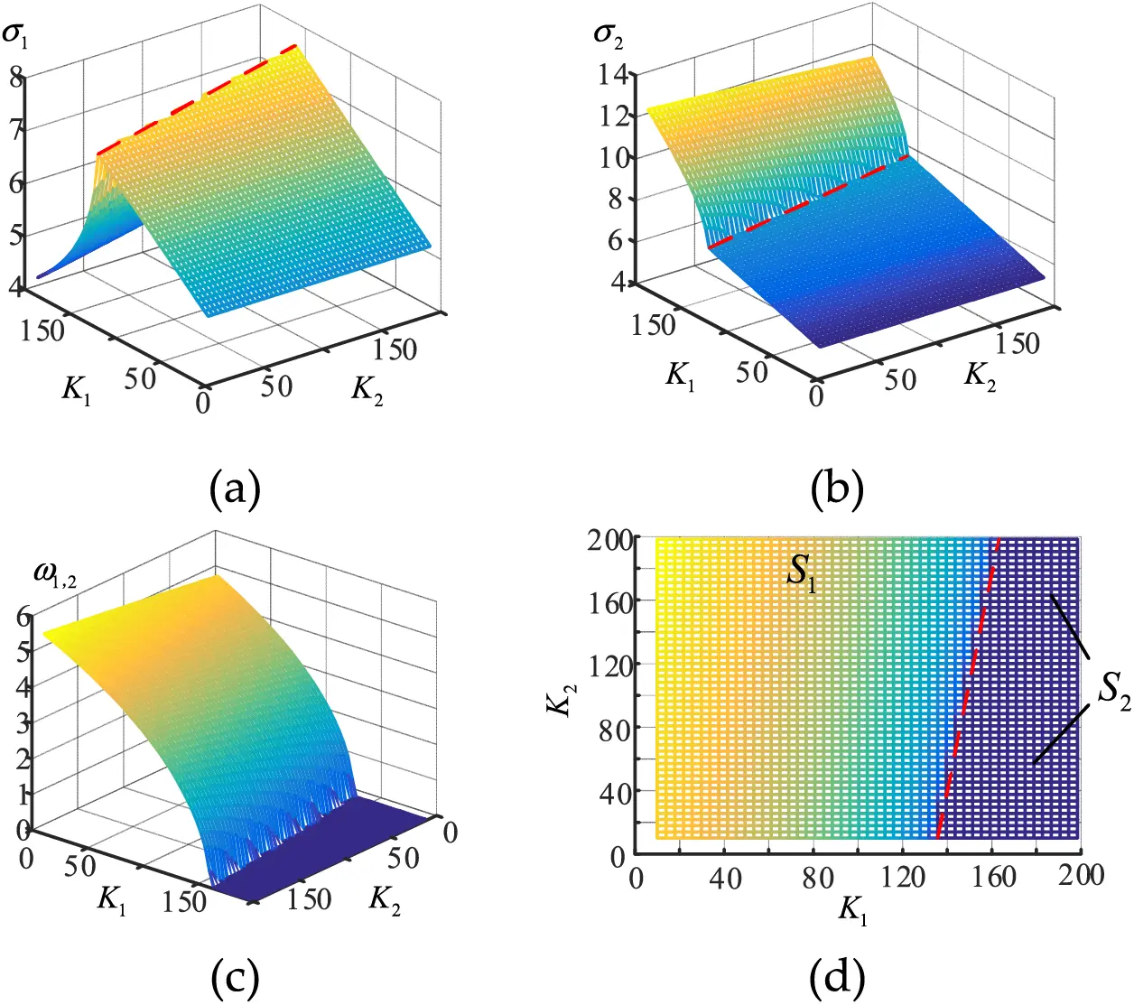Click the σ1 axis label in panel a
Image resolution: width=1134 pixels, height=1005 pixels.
[16, 36]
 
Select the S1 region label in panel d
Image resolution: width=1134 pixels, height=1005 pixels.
[802, 571]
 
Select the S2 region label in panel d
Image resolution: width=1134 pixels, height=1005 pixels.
[1113, 691]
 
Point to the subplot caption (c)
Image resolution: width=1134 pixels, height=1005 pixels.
[235, 976]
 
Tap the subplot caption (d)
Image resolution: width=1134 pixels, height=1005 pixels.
[837, 976]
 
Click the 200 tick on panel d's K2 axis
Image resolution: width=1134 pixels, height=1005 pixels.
[610, 541]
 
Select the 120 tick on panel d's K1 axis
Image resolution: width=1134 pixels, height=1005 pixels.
[903, 877]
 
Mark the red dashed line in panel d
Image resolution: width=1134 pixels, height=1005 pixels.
[967, 686]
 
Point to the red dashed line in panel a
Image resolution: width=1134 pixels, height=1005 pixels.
[199, 99]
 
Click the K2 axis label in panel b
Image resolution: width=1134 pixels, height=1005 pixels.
[980, 375]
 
